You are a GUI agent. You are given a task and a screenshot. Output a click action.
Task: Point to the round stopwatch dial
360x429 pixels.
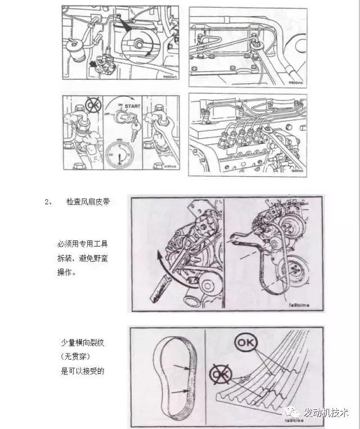coord(119,151)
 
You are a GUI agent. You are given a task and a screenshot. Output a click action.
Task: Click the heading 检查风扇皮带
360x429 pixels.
coord(87,201)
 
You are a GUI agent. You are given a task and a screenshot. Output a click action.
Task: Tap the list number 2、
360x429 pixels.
coord(48,201)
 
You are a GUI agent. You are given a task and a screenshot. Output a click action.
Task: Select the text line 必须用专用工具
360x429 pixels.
coord(83,244)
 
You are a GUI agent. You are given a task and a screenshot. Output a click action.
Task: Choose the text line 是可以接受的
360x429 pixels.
coord(83,370)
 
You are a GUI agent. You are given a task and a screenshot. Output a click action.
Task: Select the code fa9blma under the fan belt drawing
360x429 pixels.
coord(299,305)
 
